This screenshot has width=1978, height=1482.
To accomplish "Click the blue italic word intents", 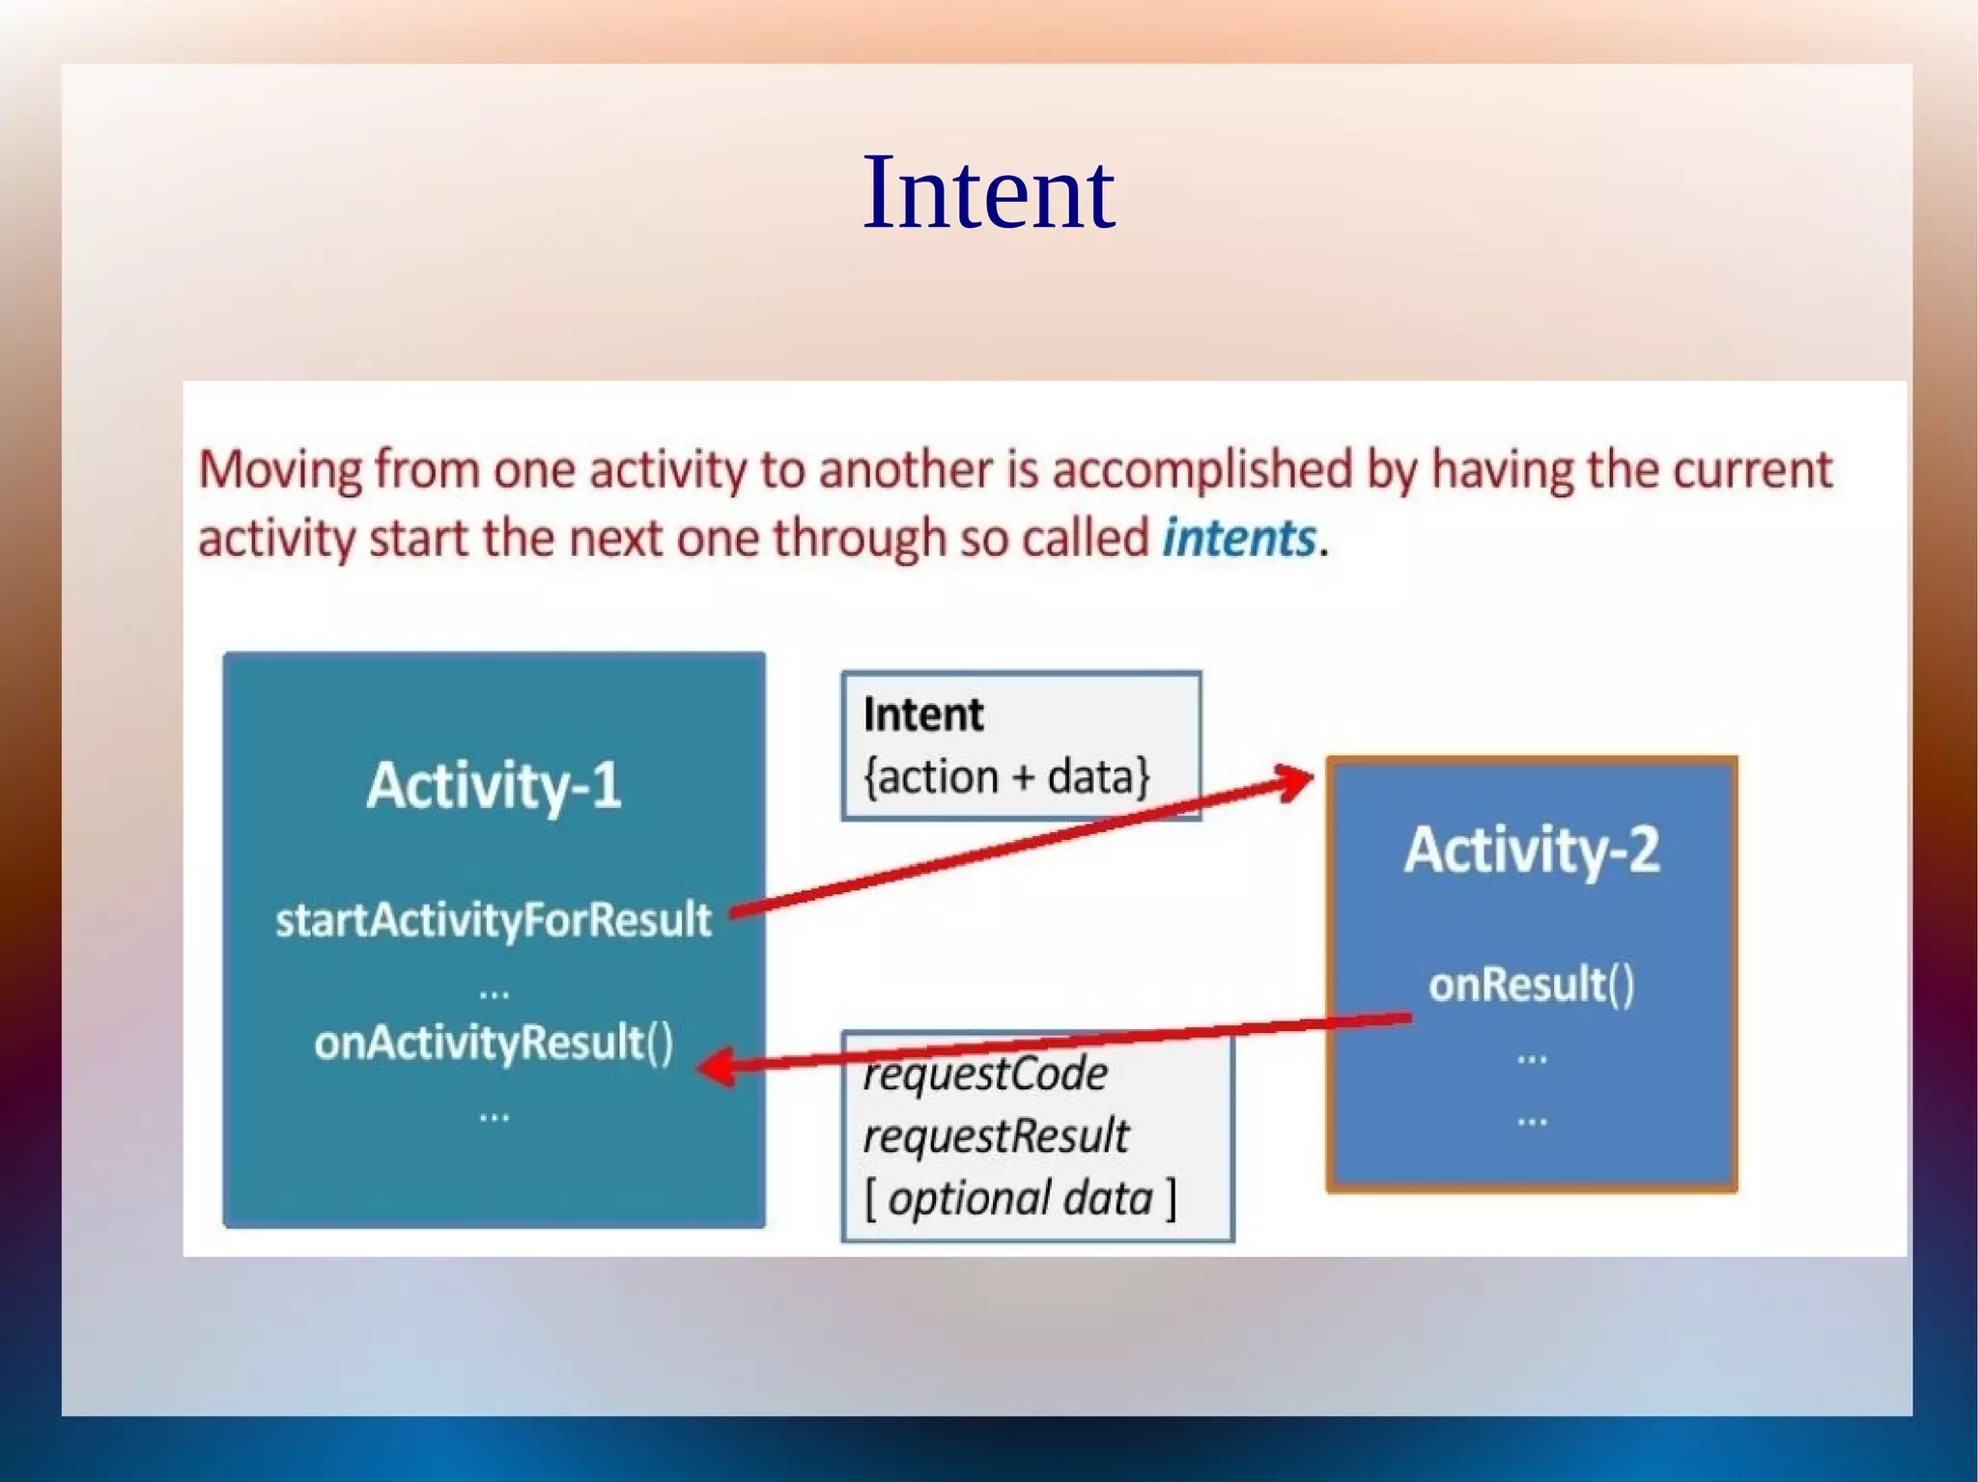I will pyautogui.click(x=1238, y=538).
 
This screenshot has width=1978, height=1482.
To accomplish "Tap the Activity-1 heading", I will pyautogui.click(x=494, y=785).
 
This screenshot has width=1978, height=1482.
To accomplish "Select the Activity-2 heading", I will pyautogui.click(x=1532, y=850).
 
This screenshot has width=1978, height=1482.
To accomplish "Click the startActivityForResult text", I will pyautogui.click(x=494, y=919).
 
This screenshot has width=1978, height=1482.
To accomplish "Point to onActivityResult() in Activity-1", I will pyautogui.click(x=494, y=1043).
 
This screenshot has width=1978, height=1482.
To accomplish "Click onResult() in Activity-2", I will pyautogui.click(x=1532, y=985).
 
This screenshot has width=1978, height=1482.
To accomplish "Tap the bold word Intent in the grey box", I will pyautogui.click(x=922, y=715).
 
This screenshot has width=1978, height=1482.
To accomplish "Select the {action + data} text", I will pyautogui.click(x=1006, y=777).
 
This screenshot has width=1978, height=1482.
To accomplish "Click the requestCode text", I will pyautogui.click(x=985, y=1075).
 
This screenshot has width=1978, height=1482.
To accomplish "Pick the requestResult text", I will pyautogui.click(x=995, y=1136).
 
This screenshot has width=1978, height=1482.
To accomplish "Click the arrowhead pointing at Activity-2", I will pyautogui.click(x=1294, y=780).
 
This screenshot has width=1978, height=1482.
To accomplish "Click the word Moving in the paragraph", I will pyautogui.click(x=280, y=471).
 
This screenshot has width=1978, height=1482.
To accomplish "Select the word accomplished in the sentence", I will pyautogui.click(x=1202, y=471).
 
